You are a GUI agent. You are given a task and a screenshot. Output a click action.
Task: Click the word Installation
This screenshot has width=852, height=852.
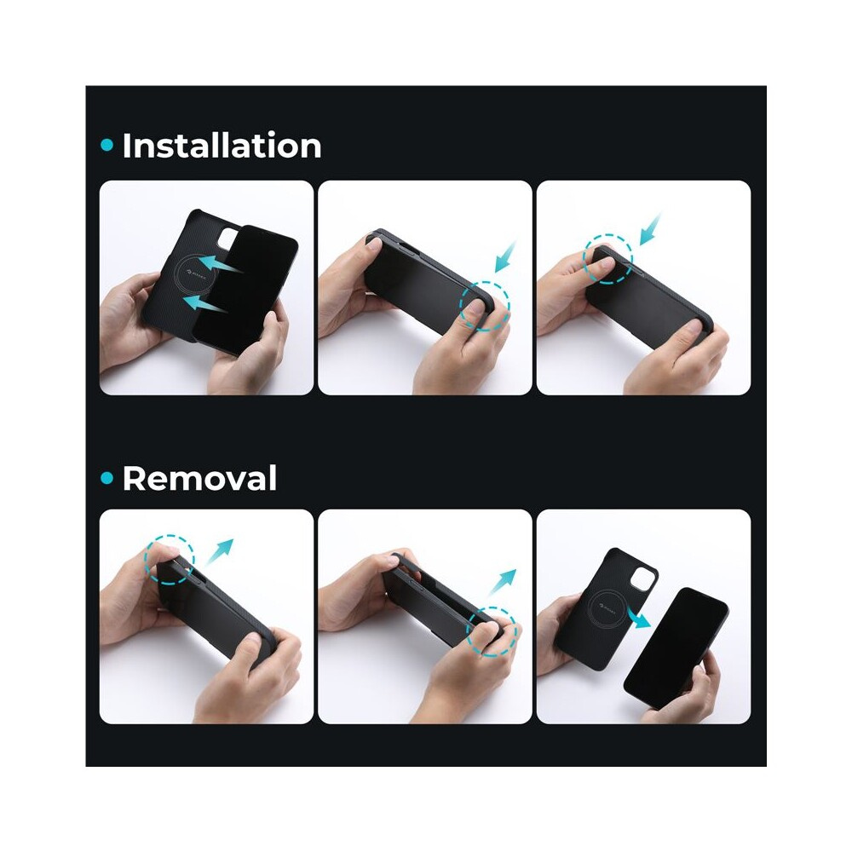pos(222,146)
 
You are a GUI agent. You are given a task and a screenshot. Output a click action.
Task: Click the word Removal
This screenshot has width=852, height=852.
pos(199,478)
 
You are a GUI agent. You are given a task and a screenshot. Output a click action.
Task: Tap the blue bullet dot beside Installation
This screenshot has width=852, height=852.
pos(107,145)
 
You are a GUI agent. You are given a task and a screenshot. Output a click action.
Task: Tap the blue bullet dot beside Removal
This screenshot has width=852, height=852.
pos(107,478)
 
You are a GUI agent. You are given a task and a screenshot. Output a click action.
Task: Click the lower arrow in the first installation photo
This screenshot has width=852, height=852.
pos(205,304)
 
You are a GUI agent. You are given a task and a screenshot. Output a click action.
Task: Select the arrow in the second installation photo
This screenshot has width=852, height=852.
pos(505,257)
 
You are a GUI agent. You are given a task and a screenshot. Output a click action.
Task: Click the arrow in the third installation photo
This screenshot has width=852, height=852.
pos(650,229)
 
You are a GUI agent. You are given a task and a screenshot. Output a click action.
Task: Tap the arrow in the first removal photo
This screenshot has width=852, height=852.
pos(220,553)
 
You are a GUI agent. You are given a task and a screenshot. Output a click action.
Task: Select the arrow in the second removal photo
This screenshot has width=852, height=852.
pos(502,583)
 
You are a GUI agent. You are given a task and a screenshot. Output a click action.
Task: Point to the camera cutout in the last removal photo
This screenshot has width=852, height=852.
pos(644,579)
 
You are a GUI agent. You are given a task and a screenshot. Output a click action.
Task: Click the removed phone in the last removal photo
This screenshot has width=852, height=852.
pos(676,648)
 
